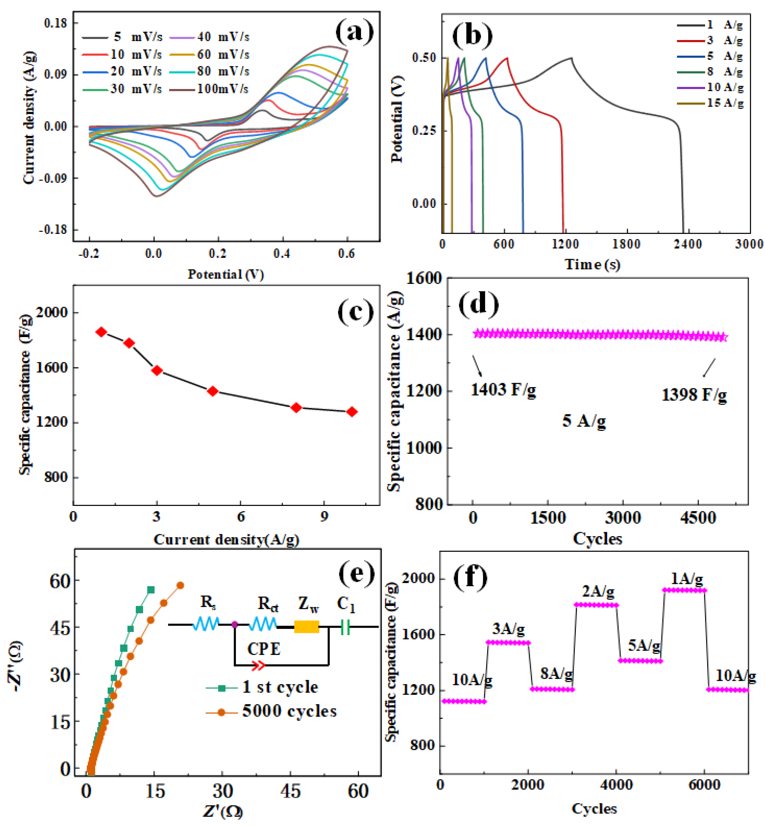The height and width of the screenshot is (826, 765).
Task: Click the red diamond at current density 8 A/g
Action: [x=296, y=408]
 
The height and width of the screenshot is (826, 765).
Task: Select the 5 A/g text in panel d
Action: [x=584, y=421]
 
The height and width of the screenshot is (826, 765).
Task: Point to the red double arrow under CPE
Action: [x=258, y=665]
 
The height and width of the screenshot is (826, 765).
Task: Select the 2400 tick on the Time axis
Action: [x=688, y=244]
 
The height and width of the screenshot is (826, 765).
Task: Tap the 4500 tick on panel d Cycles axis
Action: [x=698, y=517]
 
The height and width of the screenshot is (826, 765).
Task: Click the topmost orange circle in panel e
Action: [x=180, y=585]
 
